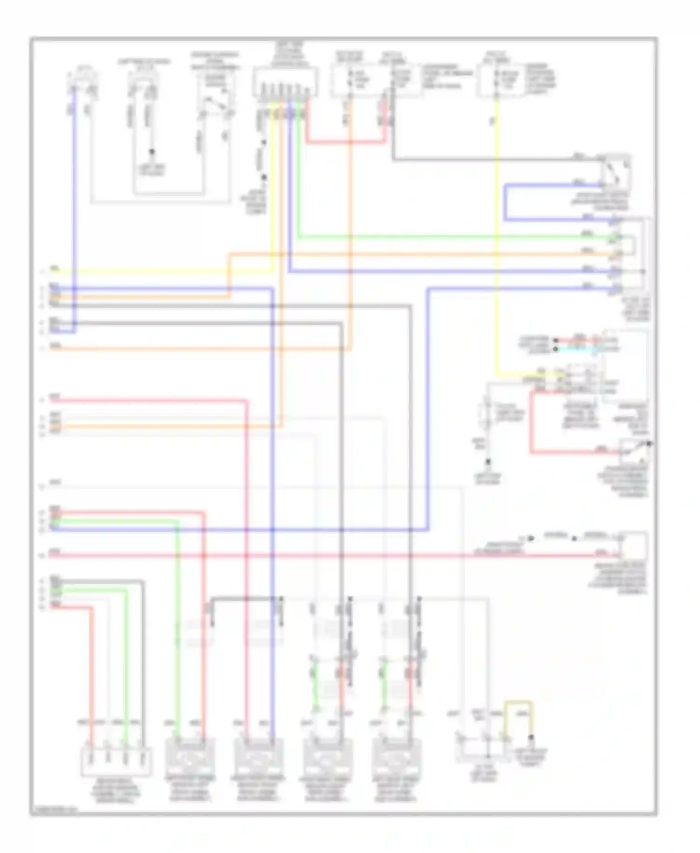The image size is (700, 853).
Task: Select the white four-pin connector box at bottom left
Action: pyautogui.click(x=117, y=762)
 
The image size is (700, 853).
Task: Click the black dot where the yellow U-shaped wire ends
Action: pyautogui.click(x=531, y=739)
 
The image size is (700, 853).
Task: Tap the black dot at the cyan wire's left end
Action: pyautogui.click(x=555, y=349)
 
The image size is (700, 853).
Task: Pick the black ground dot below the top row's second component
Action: pyautogui.click(x=152, y=152)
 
